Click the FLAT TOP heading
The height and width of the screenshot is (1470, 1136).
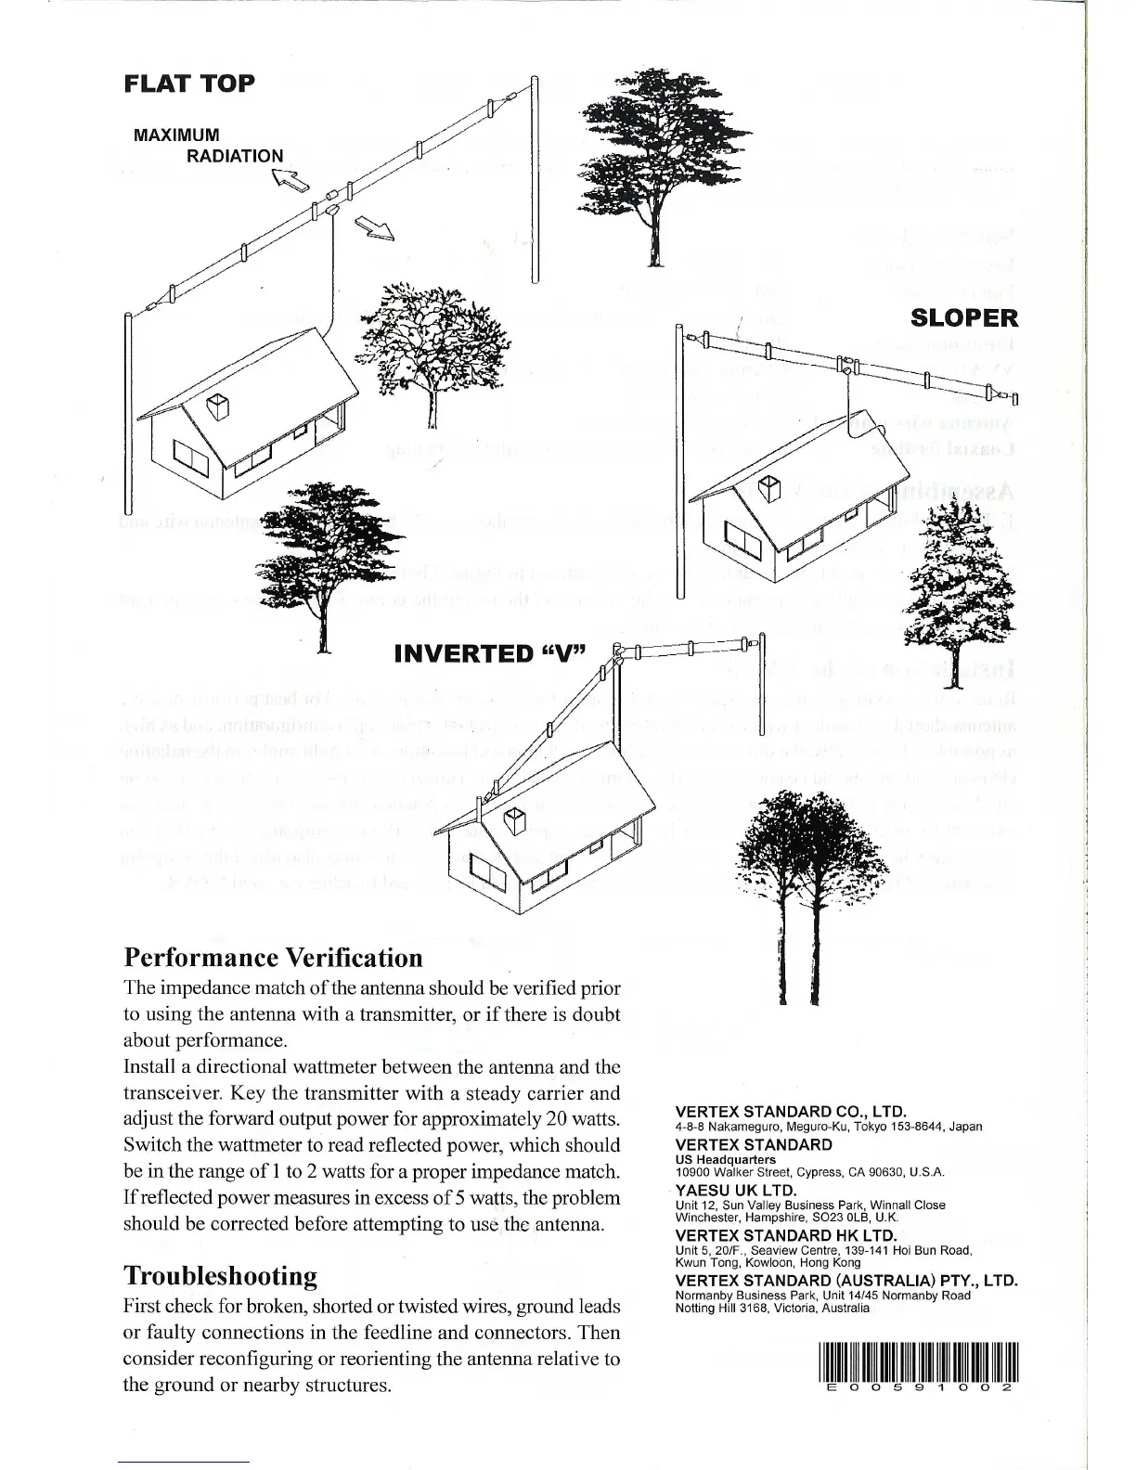(189, 84)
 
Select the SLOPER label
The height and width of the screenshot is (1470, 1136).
(964, 318)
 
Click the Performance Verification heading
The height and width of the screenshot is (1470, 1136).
(273, 957)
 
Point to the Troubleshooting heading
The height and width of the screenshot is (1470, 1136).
(220, 1275)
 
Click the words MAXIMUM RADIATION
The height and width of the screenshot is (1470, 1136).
(209, 145)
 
